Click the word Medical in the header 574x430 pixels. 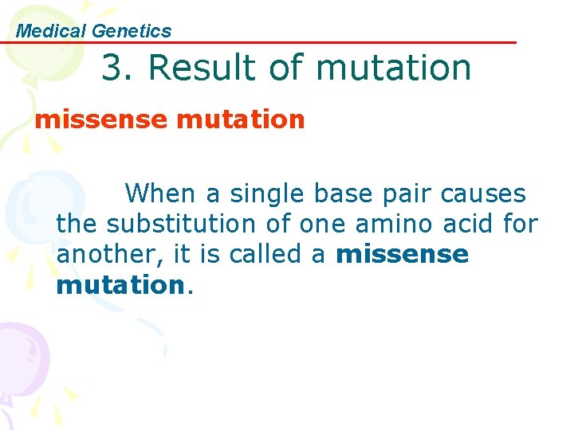51,31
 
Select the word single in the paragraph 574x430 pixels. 267,193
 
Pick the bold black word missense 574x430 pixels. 403,255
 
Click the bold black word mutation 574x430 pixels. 120,285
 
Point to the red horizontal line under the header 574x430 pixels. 319,42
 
